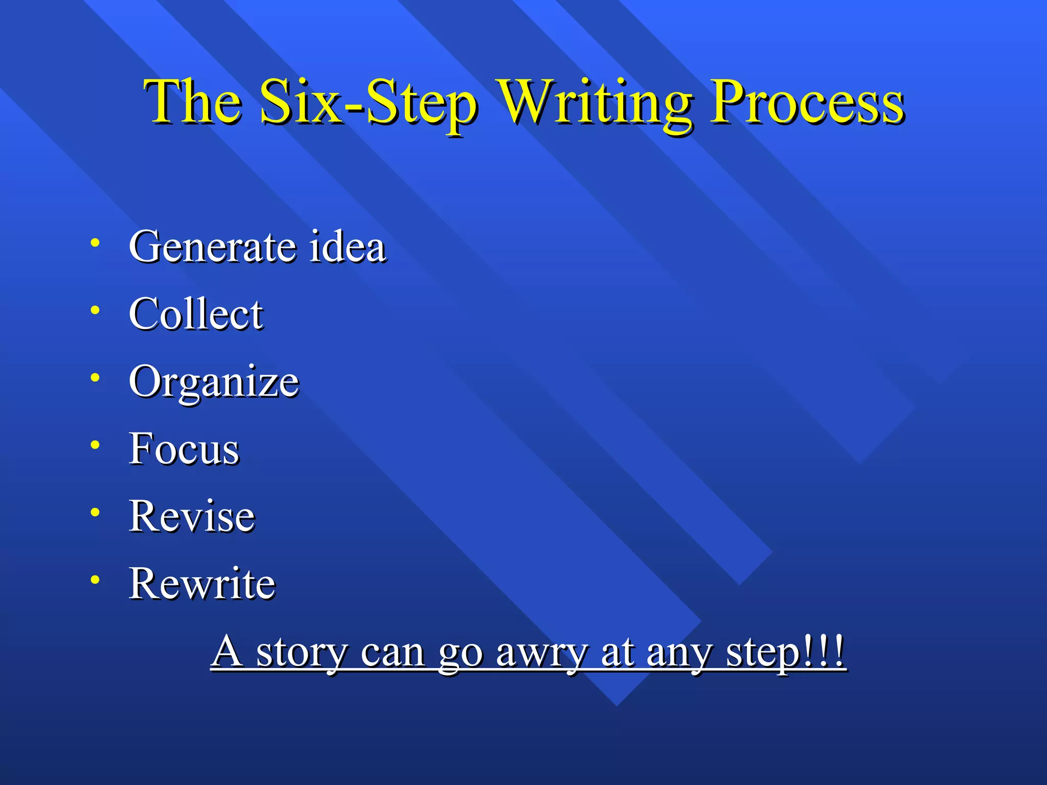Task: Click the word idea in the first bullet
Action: click(x=348, y=247)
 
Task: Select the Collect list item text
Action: click(x=196, y=314)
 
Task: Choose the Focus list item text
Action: click(x=184, y=449)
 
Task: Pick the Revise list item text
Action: click(x=192, y=516)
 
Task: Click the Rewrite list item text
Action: click(x=202, y=583)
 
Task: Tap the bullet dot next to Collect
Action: click(x=95, y=310)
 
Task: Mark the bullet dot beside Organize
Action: click(x=95, y=378)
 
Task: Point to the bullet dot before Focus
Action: click(x=95, y=445)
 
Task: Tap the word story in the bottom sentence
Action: click(x=302, y=653)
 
